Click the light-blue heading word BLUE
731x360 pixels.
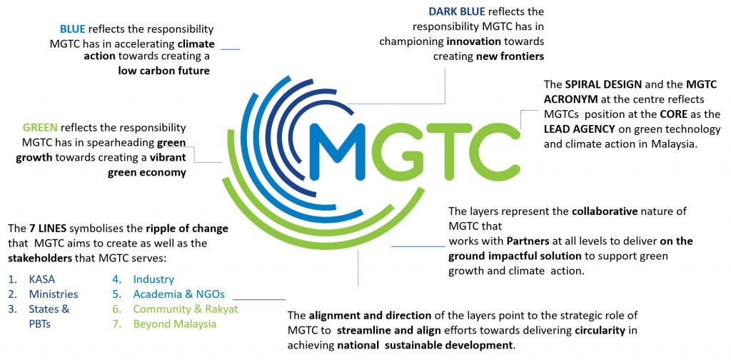click(73, 29)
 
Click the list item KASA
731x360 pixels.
click(42, 280)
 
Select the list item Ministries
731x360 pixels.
click(53, 295)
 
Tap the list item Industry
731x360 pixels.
click(153, 280)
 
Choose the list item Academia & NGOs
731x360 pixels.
click(179, 295)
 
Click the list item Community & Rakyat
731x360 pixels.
click(186, 309)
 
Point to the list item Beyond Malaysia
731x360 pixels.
click(175, 324)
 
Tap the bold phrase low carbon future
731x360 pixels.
click(163, 71)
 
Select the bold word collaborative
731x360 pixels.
click(605, 211)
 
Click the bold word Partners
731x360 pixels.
click(527, 241)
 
